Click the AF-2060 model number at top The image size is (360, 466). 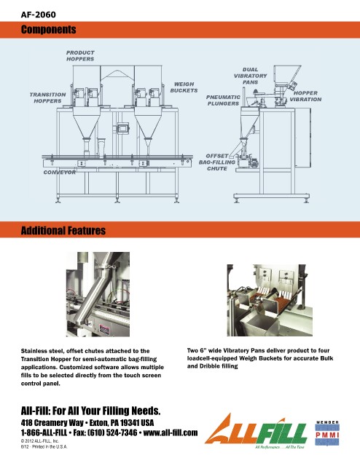coord(38,15)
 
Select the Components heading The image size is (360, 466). coord(49,29)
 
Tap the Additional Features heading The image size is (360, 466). coord(63,231)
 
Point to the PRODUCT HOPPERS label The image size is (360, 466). coord(80,56)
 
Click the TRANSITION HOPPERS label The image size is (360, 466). coord(47,98)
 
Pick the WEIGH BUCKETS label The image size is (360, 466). coord(184,87)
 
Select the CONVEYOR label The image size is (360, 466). coord(60,173)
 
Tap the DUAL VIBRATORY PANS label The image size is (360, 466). coord(250,76)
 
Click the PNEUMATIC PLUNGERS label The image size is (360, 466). coord(223,100)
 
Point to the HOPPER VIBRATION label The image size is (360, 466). coord(305,96)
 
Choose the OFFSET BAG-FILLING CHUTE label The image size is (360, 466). coord(217,162)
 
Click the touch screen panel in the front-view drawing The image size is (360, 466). coord(123,128)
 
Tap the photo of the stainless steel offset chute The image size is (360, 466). coord(98,294)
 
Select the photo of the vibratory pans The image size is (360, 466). coord(270,300)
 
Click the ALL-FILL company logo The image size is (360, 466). coord(256,431)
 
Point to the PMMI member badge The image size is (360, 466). coord(327,433)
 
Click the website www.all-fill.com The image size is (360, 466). coord(171,433)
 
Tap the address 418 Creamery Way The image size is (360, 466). coord(52,422)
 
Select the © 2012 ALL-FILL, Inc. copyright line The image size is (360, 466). coord(40,441)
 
